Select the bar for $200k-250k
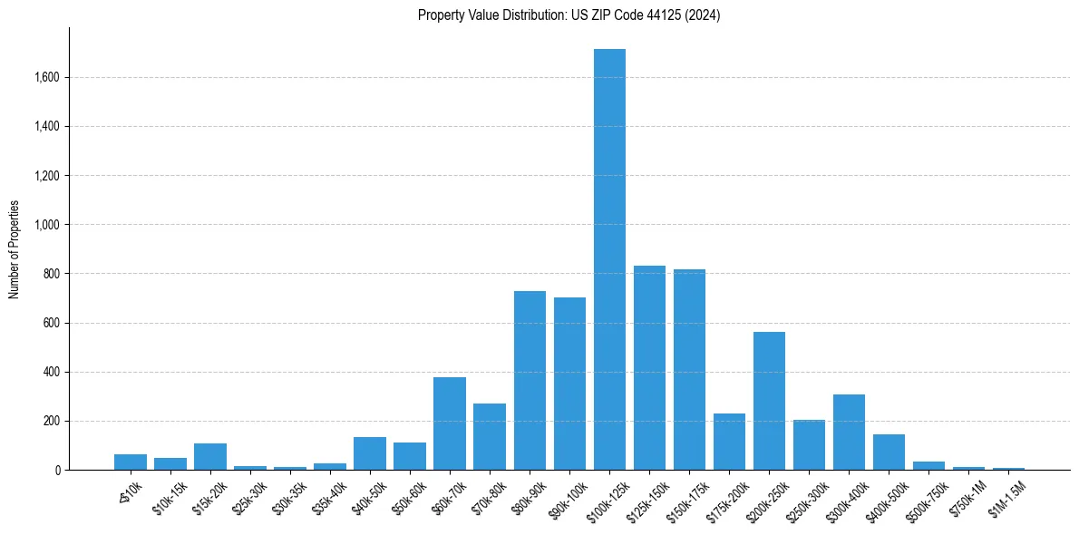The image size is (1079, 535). tap(769, 401)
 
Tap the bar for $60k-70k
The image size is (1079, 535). tap(450, 423)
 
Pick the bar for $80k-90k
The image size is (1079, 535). tap(530, 381)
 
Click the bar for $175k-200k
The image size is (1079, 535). tap(729, 442)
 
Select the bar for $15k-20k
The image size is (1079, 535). tap(210, 456)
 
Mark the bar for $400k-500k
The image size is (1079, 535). tap(889, 452)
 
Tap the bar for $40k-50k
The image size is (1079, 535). tap(370, 453)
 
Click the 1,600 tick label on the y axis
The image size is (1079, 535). tap(45, 78)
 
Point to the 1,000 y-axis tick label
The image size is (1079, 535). tap(45, 225)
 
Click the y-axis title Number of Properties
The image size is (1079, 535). tap(14, 249)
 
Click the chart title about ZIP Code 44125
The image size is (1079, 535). tap(569, 15)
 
